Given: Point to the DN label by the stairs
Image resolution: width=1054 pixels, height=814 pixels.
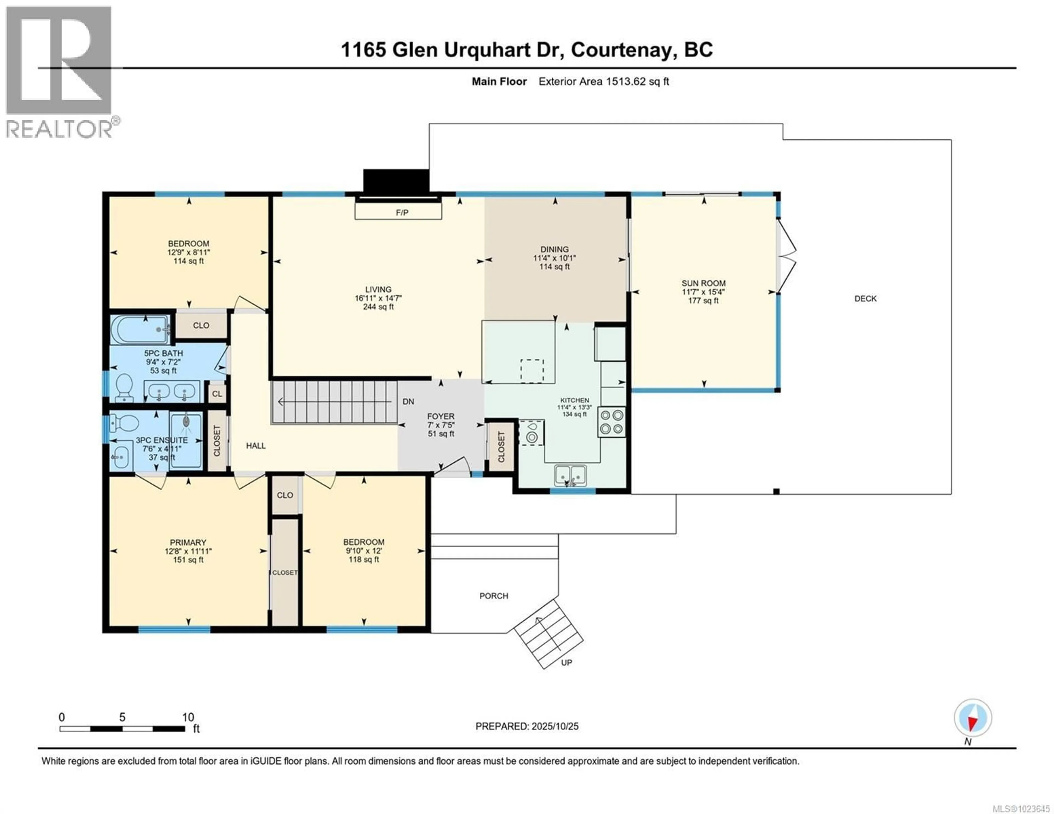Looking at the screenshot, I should [408, 401].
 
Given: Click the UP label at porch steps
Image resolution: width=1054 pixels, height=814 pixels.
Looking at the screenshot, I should [567, 663].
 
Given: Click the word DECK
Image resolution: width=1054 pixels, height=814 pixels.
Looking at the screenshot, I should [865, 299].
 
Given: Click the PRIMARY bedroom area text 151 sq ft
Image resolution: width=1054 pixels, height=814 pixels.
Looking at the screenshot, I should [188, 560].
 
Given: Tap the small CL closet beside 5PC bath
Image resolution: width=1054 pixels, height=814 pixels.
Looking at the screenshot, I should [217, 394].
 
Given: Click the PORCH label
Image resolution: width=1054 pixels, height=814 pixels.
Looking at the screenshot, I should [494, 596].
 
